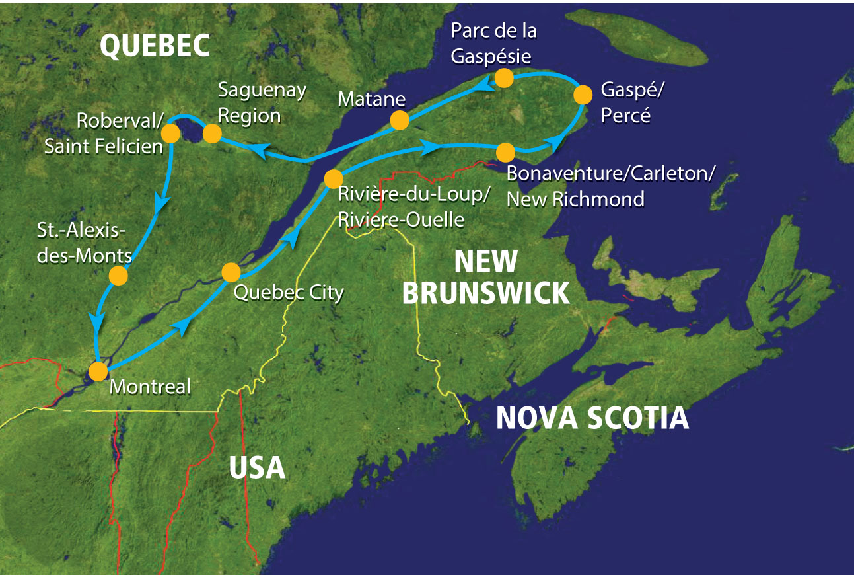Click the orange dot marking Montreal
(98, 371)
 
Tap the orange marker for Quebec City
(231, 272)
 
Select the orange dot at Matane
(399, 120)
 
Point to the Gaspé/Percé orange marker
(583, 95)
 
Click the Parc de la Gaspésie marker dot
(504, 78)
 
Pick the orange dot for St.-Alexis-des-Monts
(118, 276)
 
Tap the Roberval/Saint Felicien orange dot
(170, 134)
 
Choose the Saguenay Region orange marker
(211, 134)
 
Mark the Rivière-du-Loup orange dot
(333, 178)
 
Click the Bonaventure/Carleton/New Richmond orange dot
(505, 153)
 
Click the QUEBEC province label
(155, 46)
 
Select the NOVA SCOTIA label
(592, 418)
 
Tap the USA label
(257, 467)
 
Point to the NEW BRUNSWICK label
(485, 277)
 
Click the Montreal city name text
(150, 386)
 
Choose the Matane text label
(371, 100)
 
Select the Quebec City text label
(289, 291)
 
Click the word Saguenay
(262, 91)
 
